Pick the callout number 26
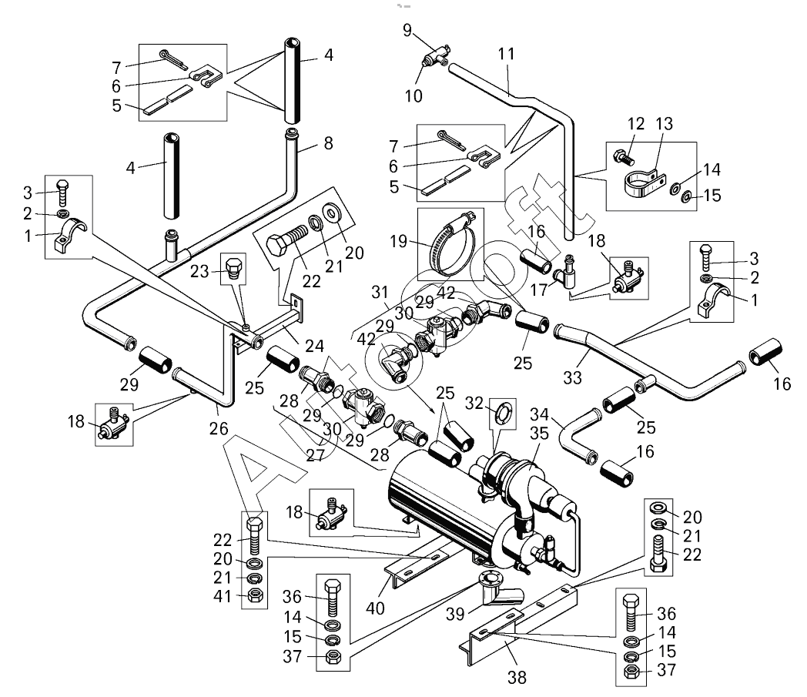[219, 428]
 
